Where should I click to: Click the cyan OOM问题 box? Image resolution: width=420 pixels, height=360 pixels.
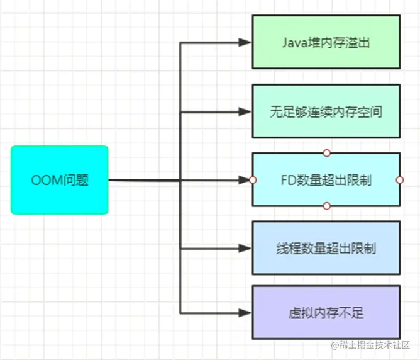pyautogui.click(x=60, y=180)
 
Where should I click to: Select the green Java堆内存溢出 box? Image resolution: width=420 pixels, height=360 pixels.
pyautogui.click(x=326, y=42)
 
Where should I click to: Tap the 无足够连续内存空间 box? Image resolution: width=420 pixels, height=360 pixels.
pyautogui.click(x=326, y=111)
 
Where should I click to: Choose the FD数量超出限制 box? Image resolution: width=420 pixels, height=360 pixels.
pyautogui.click(x=326, y=180)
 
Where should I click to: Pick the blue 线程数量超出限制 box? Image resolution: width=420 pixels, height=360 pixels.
pyautogui.click(x=326, y=248)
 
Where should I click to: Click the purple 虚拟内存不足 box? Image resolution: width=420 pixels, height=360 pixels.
pyautogui.click(x=326, y=312)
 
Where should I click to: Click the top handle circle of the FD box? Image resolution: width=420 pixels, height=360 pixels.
pyautogui.click(x=326, y=153)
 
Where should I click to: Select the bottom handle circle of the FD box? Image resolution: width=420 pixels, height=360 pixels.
pyautogui.click(x=326, y=206)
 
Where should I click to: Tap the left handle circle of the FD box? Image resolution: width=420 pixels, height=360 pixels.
pyautogui.click(x=253, y=180)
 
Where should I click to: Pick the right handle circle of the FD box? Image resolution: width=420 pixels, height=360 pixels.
pyautogui.click(x=400, y=180)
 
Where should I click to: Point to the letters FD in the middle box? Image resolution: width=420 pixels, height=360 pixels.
pyautogui.click(x=288, y=181)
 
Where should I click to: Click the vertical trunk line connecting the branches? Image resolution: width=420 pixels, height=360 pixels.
pyautogui.click(x=180, y=145)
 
